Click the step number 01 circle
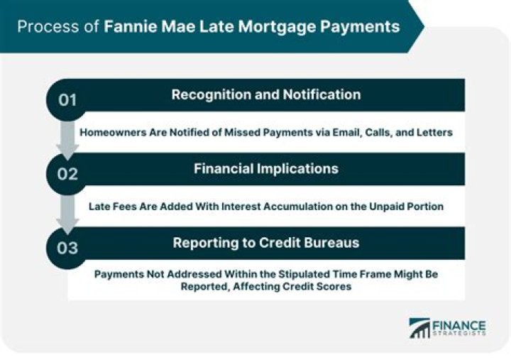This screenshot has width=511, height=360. (x=68, y=99)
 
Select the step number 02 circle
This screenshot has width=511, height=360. (x=68, y=173)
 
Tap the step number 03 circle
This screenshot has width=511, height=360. (x=68, y=247)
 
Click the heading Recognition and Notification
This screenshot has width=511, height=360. (x=265, y=94)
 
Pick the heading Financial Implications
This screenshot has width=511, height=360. (x=265, y=169)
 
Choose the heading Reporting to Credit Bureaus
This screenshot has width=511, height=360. (x=265, y=243)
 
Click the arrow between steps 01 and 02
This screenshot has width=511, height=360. (x=68, y=141)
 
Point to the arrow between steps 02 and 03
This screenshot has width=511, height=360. (x=68, y=215)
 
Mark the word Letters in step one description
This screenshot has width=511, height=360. (x=433, y=133)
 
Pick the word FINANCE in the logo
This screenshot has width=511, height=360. (x=459, y=323)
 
